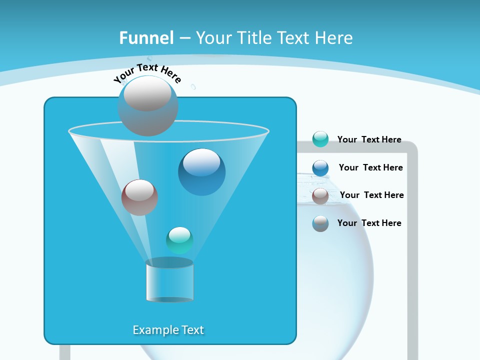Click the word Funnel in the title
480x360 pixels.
tap(146, 38)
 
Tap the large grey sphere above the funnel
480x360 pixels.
tap(148, 106)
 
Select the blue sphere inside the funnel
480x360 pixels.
tap(201, 171)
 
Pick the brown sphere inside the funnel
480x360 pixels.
tap(139, 197)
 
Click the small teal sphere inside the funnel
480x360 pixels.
tap(179, 240)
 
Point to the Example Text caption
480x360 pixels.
tap(168, 330)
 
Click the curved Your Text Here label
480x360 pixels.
tap(147, 73)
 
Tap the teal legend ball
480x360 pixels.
tap(320, 139)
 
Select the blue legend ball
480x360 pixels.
tap(320, 168)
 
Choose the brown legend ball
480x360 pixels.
tap(320, 196)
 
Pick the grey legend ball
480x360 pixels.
tap(320, 223)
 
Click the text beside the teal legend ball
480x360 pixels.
tap(369, 139)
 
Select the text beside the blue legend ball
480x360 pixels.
tap(370, 167)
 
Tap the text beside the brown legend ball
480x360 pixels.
tap(371, 195)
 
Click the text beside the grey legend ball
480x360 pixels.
tap(369, 223)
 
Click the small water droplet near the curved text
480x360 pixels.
tap(193, 87)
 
